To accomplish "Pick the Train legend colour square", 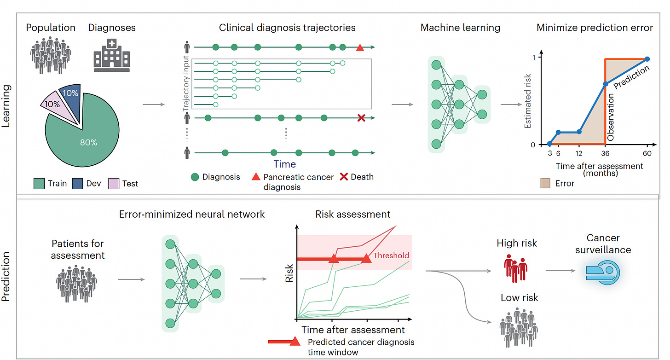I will click(x=39, y=183).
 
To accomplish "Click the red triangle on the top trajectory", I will click(x=360, y=47).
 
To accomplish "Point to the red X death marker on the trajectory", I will click(x=361, y=118).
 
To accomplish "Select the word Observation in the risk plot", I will click(x=611, y=117).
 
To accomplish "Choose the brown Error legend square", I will click(x=545, y=184).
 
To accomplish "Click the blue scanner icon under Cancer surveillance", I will click(x=602, y=273).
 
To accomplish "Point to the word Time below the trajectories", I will click(x=285, y=164).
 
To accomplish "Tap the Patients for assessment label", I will click(x=78, y=249).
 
